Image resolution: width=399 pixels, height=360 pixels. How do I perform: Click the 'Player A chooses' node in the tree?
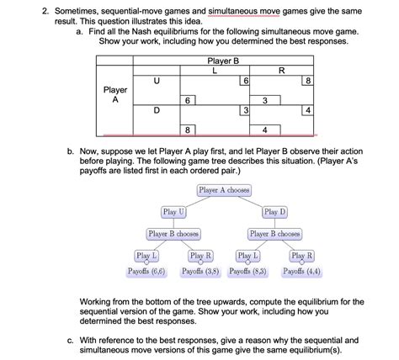pos(224,190)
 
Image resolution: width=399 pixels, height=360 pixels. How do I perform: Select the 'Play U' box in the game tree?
pos(173,212)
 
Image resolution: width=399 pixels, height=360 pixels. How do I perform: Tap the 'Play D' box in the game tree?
pos(274,212)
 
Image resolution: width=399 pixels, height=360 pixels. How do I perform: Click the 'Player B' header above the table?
pos(223,61)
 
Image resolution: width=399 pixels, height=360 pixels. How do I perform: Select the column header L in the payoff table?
pos(215,71)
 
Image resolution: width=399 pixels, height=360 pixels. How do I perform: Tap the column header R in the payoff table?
pos(280,71)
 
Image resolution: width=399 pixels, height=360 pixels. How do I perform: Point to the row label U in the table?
pos(157,81)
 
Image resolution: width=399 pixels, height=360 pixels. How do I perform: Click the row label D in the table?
pos(157,110)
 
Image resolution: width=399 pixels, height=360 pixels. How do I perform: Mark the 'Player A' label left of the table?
pos(115,95)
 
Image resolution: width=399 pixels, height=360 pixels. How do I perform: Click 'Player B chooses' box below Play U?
pos(173,233)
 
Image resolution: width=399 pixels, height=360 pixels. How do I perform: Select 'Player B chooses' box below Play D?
pos(275,233)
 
